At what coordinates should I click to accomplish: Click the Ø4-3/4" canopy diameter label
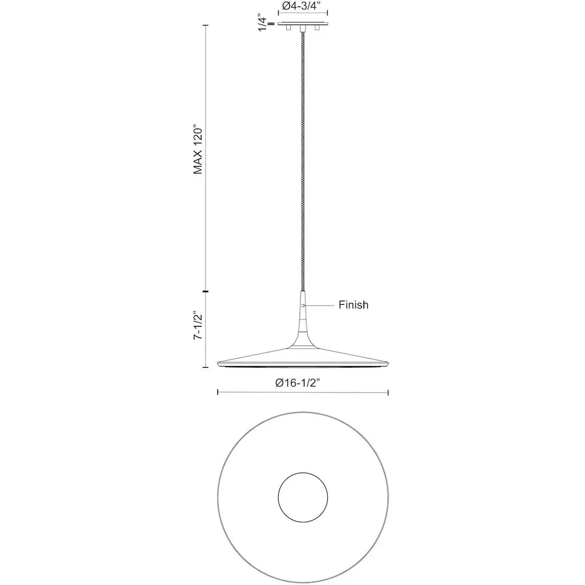[301, 6]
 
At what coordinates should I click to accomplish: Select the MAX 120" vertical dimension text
[198, 149]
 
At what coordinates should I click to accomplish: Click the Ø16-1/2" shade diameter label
[298, 383]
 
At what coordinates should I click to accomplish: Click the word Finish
[353, 305]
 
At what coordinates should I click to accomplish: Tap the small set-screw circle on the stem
[303, 306]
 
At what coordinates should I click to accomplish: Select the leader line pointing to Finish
[319, 306]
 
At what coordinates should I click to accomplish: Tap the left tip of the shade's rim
[218, 363]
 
